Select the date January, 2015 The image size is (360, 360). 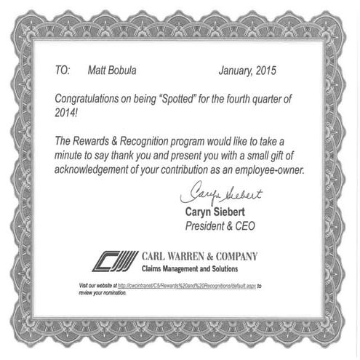point(247,71)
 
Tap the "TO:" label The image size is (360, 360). point(63,71)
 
